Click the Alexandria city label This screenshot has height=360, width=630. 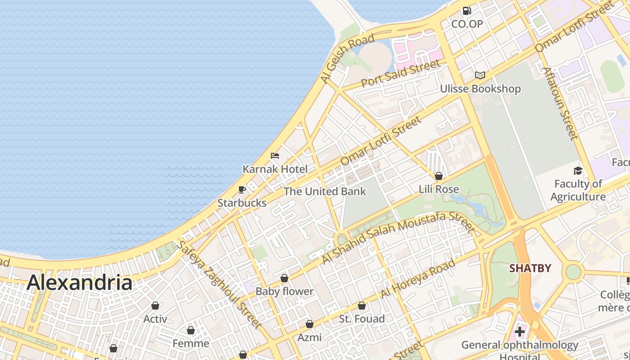[x=79, y=283]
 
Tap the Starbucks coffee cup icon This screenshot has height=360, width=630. [x=242, y=189]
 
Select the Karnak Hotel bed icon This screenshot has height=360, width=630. [x=275, y=156]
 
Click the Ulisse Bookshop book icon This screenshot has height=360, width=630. [x=480, y=75]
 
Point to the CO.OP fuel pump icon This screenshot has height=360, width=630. [x=467, y=11]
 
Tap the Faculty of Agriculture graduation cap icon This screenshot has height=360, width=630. [x=578, y=171]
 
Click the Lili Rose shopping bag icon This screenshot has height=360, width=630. [x=439, y=175]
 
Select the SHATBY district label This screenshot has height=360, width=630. [x=530, y=269]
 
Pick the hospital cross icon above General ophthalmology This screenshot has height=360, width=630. [x=520, y=332]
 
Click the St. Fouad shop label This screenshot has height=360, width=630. [x=362, y=319]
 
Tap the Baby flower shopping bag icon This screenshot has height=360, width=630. [x=284, y=278]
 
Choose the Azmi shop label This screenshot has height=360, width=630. [x=310, y=337]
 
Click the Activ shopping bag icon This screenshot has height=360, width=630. [x=155, y=306]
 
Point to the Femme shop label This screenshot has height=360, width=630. [x=191, y=343]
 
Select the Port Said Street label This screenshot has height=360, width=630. [x=400, y=74]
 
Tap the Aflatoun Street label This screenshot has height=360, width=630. [x=559, y=103]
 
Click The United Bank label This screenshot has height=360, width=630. [x=325, y=191]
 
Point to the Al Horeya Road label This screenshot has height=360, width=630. [x=418, y=279]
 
